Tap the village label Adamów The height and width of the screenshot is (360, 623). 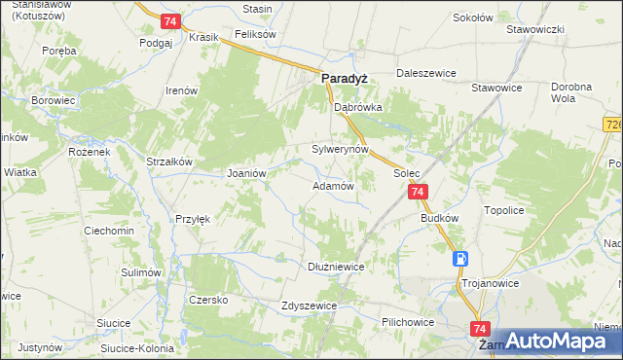331,185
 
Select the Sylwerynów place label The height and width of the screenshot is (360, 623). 340,150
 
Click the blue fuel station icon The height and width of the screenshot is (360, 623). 459,259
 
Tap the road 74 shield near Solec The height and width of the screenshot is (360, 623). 417,193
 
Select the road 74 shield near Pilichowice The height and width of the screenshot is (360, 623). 478,329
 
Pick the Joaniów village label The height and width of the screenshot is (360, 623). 246,172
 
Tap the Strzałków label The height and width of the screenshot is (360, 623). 171,162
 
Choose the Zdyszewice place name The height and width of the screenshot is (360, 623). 309,305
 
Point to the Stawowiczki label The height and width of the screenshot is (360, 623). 535,29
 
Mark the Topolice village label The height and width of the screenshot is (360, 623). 505,209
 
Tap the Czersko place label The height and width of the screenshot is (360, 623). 208,300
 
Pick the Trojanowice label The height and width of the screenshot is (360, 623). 489,283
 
